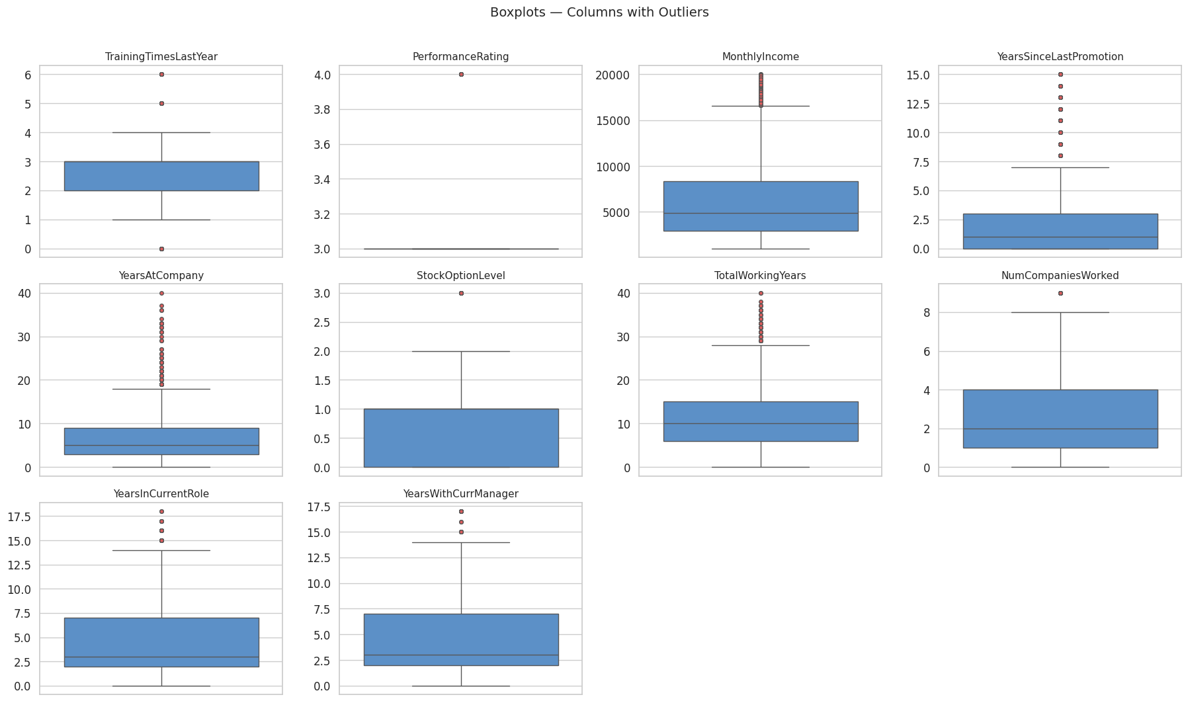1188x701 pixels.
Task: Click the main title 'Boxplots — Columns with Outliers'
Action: [599, 13]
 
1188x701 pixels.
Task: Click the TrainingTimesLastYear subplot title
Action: [161, 57]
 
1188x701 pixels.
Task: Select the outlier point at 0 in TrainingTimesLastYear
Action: [161, 249]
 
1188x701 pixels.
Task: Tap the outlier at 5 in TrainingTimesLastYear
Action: [161, 103]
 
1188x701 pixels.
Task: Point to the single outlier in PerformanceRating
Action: [461, 74]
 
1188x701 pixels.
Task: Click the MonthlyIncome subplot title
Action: [760, 57]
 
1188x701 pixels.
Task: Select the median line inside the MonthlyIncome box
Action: [761, 213]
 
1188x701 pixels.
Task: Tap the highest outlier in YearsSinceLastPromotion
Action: [1060, 74]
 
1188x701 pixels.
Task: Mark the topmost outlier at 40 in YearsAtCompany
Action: [161, 293]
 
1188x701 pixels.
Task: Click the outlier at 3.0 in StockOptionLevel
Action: [461, 293]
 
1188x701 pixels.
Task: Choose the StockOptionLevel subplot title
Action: [460, 276]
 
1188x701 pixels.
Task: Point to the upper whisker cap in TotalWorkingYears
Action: [761, 345]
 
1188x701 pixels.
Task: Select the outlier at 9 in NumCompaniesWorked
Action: [1060, 293]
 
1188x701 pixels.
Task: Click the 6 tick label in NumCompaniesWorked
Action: [924, 351]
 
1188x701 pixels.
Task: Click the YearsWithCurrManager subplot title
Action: [460, 494]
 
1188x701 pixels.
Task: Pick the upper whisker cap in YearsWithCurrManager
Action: [461, 542]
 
